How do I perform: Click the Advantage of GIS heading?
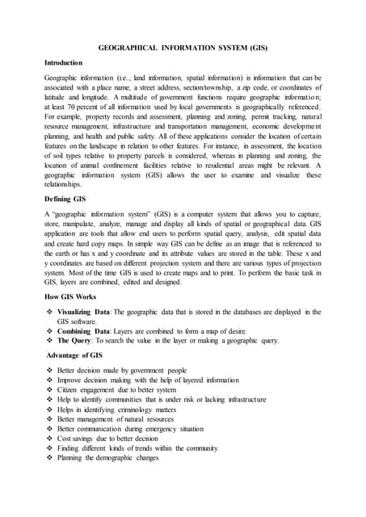coord(74,355)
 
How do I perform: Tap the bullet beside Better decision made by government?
coord(49,370)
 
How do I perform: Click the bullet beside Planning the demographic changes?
coord(49,458)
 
